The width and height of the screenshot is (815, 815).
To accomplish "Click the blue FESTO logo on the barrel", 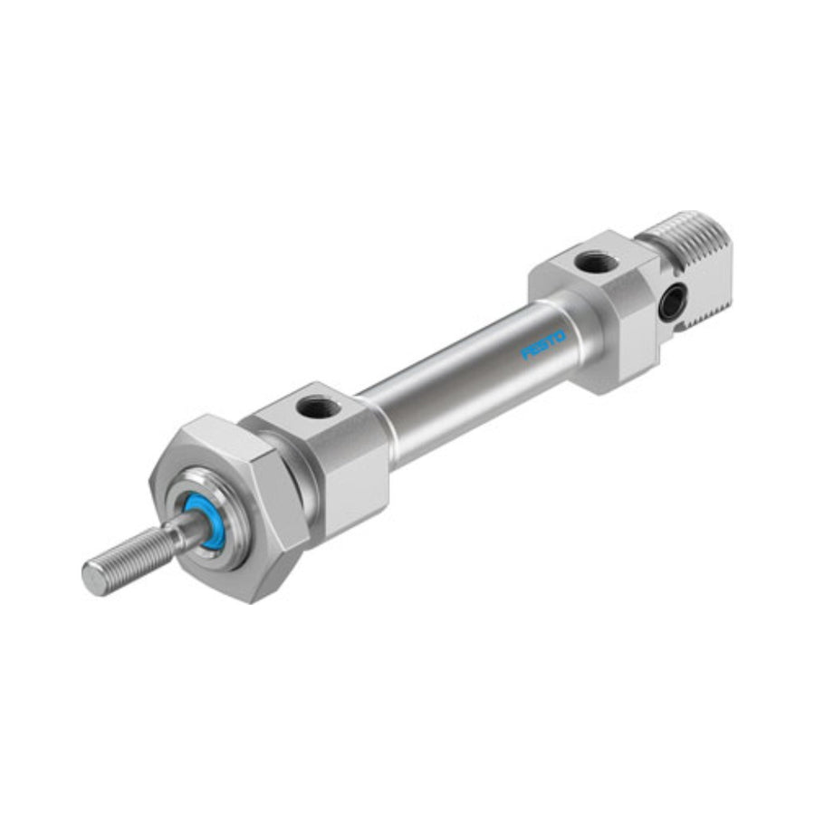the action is [543, 345].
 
